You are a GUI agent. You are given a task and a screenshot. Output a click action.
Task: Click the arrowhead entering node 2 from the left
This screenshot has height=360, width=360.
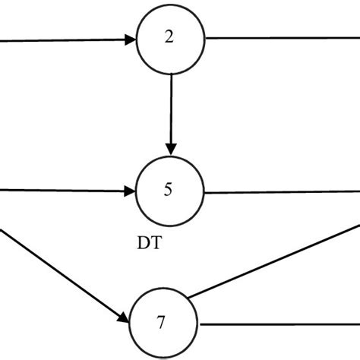click(x=129, y=40)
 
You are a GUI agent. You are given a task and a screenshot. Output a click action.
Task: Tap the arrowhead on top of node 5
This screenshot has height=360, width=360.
click(x=171, y=146)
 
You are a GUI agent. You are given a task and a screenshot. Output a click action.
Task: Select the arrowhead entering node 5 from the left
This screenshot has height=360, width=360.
click(x=129, y=191)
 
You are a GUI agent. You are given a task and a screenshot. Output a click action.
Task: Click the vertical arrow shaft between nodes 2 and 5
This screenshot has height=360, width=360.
click(x=171, y=106)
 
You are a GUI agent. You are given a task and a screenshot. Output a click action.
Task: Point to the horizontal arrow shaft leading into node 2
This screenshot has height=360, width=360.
click(x=61, y=41)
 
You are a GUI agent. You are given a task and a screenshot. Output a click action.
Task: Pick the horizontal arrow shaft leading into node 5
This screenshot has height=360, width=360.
click(x=61, y=191)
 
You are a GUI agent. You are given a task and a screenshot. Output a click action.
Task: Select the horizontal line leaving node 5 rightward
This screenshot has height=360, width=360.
click(x=281, y=192)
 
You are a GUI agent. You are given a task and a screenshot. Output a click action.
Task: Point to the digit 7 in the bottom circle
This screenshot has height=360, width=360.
click(x=161, y=322)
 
